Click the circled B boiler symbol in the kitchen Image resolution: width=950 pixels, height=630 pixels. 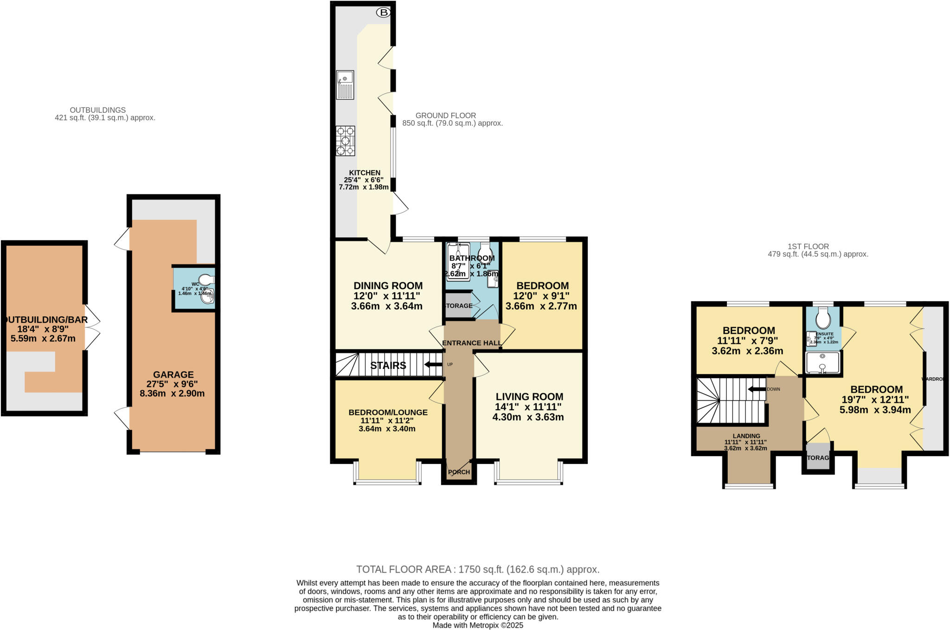pos(383,13)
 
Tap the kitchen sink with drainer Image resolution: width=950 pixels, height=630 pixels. pos(345,84)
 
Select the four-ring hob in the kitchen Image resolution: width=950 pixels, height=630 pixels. pos(345,141)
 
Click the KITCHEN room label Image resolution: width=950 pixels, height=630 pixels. pos(365,173)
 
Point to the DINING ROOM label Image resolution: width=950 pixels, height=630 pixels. pos(388,286)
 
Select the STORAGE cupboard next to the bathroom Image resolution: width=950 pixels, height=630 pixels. pos(458,306)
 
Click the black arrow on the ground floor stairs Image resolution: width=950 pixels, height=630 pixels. pos(433,364)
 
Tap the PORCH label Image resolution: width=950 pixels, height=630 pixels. pos(459,472)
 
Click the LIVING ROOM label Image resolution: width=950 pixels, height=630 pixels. pos(529,397)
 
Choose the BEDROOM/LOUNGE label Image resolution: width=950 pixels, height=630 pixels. pos(388,412)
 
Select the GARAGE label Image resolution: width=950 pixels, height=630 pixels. pos(173,374)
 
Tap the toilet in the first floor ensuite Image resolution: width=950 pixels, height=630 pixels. pos(823,319)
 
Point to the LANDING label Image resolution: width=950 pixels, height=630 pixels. pos(746,436)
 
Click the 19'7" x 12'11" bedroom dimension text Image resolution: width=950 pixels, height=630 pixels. pos(875,399)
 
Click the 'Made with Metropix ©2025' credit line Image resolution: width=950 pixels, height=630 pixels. pos(477,625)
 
